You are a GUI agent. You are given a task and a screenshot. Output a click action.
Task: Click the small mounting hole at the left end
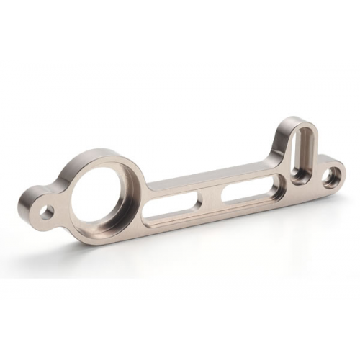48,212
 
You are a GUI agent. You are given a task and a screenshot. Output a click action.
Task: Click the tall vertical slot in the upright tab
299,153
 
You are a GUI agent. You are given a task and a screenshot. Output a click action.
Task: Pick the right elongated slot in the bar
249,190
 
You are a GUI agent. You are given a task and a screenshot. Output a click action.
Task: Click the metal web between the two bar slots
210,198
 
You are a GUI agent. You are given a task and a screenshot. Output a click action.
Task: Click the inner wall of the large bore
122,180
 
